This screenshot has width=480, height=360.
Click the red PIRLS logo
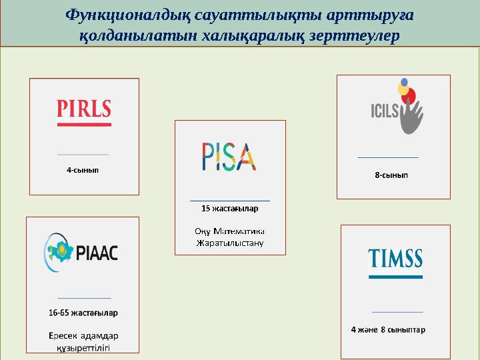(84, 108)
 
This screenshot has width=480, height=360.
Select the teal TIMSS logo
(395, 258)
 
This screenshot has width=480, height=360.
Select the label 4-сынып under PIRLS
(83, 170)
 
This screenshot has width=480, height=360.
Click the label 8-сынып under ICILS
(391, 175)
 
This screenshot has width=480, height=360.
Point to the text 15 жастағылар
(230, 209)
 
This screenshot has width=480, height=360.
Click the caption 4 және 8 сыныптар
(389, 329)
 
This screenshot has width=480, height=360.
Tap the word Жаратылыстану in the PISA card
(230, 243)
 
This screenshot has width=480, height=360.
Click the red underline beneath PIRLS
(84, 125)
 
